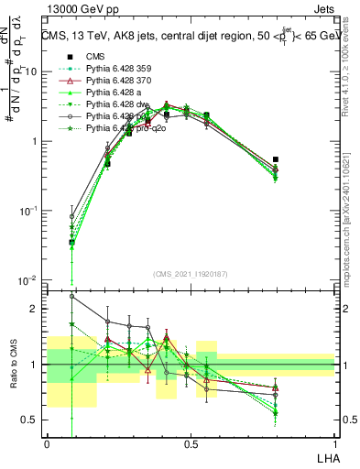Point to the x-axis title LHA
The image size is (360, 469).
tap(326, 457)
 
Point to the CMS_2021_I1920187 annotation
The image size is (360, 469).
tap(190, 274)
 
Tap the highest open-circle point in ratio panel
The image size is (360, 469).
tap(72, 296)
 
